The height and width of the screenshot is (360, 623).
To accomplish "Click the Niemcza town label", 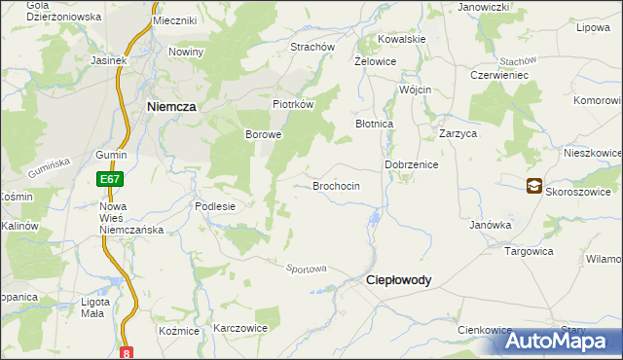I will click(173, 107).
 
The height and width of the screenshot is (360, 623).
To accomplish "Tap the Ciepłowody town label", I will click(398, 279).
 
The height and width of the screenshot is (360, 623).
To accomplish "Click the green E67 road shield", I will click(109, 179).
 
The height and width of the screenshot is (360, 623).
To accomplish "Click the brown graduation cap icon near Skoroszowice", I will click(534, 186).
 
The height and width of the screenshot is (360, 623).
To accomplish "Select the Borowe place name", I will click(263, 134).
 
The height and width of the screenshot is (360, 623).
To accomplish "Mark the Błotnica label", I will click(374, 125).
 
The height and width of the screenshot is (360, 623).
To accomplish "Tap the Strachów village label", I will click(312, 47).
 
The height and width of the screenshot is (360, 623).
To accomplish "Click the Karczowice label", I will click(240, 328).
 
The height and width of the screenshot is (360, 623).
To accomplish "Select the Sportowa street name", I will click(306, 269).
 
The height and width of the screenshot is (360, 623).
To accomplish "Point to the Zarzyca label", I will click(458, 134).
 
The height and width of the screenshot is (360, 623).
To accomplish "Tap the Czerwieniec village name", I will click(498, 75).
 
